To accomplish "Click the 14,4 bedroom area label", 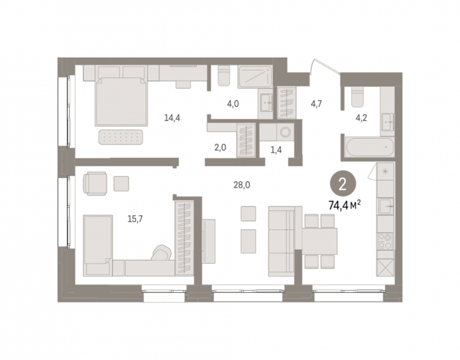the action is (x=172, y=118).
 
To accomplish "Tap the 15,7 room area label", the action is (x=135, y=219).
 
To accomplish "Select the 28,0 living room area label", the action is (x=242, y=185).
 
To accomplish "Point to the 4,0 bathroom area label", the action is (x=233, y=103).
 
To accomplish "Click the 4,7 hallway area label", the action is (x=316, y=103).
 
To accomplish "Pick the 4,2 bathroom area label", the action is (x=361, y=118).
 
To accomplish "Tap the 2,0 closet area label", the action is (x=220, y=148).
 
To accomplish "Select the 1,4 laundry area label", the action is (x=276, y=150).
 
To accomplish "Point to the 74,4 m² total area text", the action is (x=345, y=206).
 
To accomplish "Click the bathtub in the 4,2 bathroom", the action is (x=370, y=147).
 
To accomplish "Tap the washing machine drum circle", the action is (x=285, y=132).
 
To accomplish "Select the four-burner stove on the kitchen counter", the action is (x=385, y=241).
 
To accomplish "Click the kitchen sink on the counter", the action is (x=385, y=207).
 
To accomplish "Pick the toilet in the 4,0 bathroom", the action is (x=224, y=75).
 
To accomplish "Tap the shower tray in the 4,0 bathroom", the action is (x=255, y=76).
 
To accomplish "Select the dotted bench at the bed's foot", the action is (x=121, y=137).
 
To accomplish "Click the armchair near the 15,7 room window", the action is (x=95, y=184).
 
